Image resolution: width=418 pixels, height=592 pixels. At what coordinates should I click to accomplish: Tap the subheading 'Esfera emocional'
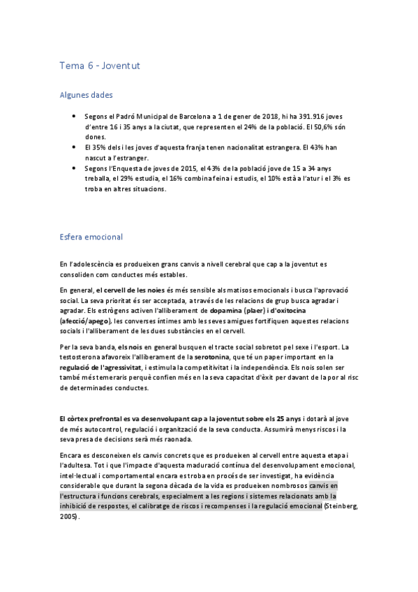[91, 237]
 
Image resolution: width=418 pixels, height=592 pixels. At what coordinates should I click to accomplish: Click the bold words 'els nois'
[132, 346]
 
